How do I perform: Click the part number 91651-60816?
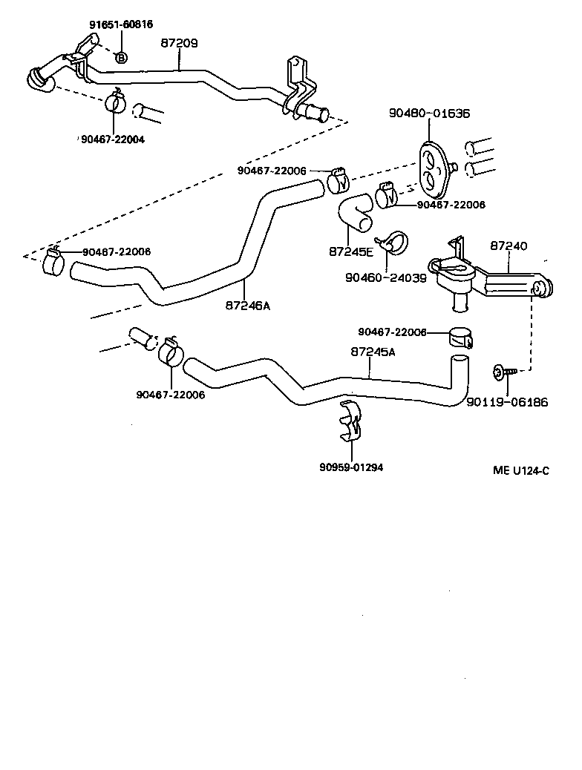tap(121, 24)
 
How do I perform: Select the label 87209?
tap(179, 44)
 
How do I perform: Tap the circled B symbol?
tap(122, 56)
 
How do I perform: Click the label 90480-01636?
tap(429, 113)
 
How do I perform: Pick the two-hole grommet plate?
tap(433, 165)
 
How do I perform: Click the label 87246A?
tap(248, 304)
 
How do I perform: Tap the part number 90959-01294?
tap(351, 467)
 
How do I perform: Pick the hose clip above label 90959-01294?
tap(351, 421)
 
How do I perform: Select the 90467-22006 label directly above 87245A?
tap(392, 332)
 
